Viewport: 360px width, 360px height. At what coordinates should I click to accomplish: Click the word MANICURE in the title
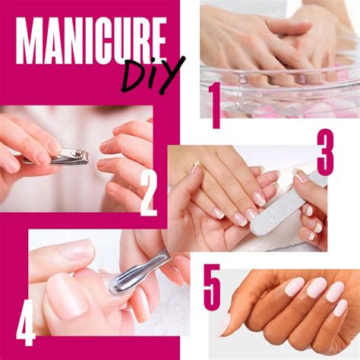click(x=91, y=41)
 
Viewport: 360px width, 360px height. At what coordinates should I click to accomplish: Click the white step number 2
click(x=149, y=194)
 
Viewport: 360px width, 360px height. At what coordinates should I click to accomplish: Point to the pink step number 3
click(x=325, y=153)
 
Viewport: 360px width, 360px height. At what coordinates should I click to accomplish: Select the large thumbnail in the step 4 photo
click(x=68, y=297)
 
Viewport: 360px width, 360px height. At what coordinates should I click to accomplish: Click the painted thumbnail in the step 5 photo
click(x=225, y=324)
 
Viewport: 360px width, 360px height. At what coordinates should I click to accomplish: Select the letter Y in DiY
click(x=173, y=74)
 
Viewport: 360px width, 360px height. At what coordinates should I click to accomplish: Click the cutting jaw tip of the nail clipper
click(x=87, y=157)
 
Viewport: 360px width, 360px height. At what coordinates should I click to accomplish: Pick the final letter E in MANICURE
click(x=159, y=41)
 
